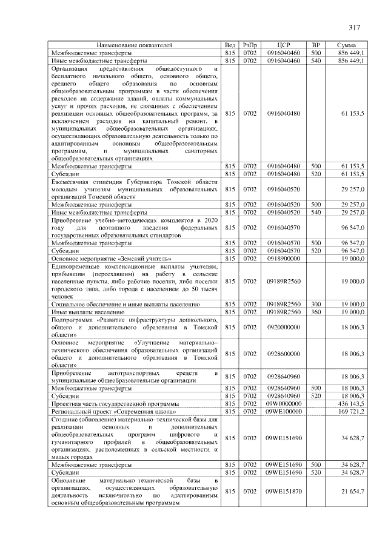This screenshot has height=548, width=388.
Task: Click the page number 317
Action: point(355,27)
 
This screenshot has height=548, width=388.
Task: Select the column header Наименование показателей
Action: point(135,45)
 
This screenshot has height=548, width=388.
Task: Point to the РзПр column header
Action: point(250,45)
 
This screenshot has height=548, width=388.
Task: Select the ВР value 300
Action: point(315,304)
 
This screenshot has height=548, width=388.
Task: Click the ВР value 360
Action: point(315,312)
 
